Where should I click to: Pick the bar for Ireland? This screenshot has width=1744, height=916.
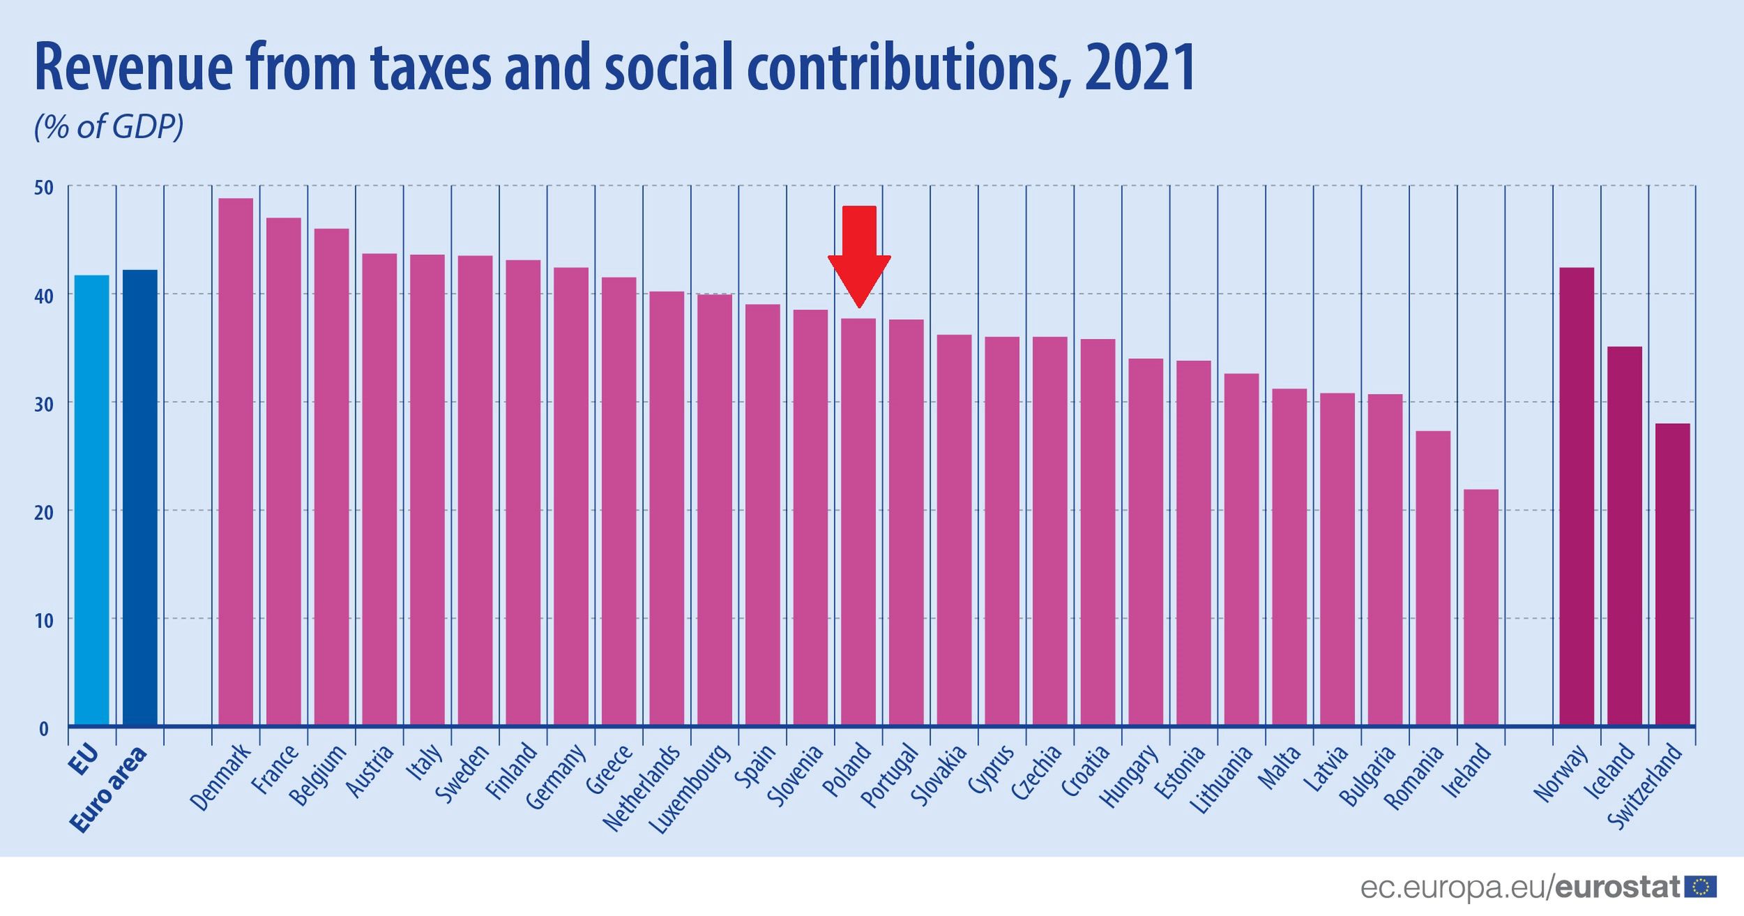click(1480, 608)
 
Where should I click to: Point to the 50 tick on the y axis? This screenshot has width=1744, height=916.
click(43, 187)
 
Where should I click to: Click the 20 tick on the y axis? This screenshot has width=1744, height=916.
click(43, 512)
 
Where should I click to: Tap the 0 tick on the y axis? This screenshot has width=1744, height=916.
click(43, 728)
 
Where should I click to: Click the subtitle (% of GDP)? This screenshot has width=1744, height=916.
click(109, 128)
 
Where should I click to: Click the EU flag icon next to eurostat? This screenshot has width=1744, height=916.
click(1699, 887)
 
